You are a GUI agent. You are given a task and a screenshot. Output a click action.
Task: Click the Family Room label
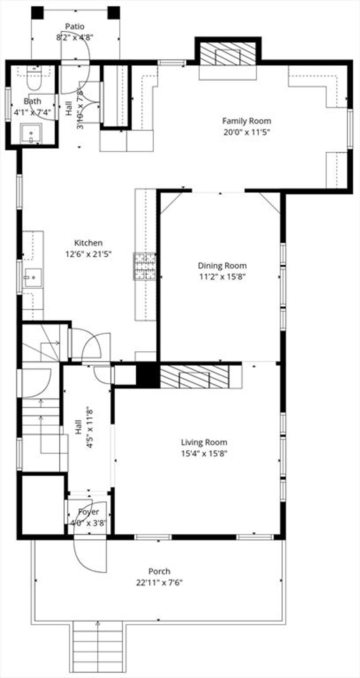246,121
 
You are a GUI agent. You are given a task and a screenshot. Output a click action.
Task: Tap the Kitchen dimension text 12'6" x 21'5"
89,254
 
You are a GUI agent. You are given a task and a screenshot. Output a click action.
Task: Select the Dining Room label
222,266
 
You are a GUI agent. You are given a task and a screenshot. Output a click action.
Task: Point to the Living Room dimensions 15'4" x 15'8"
204,453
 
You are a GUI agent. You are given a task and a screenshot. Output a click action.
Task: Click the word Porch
159,571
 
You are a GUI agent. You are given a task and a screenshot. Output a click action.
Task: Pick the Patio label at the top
75,26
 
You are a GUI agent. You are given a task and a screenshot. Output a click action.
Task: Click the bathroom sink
32,134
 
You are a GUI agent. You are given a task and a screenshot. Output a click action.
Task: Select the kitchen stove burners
144,267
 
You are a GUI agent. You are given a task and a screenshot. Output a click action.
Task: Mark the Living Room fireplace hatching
194,377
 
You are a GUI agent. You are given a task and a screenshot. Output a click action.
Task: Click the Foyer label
88,512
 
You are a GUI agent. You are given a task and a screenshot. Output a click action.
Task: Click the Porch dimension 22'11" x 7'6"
160,583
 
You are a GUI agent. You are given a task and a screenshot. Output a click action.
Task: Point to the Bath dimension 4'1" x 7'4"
32,113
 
